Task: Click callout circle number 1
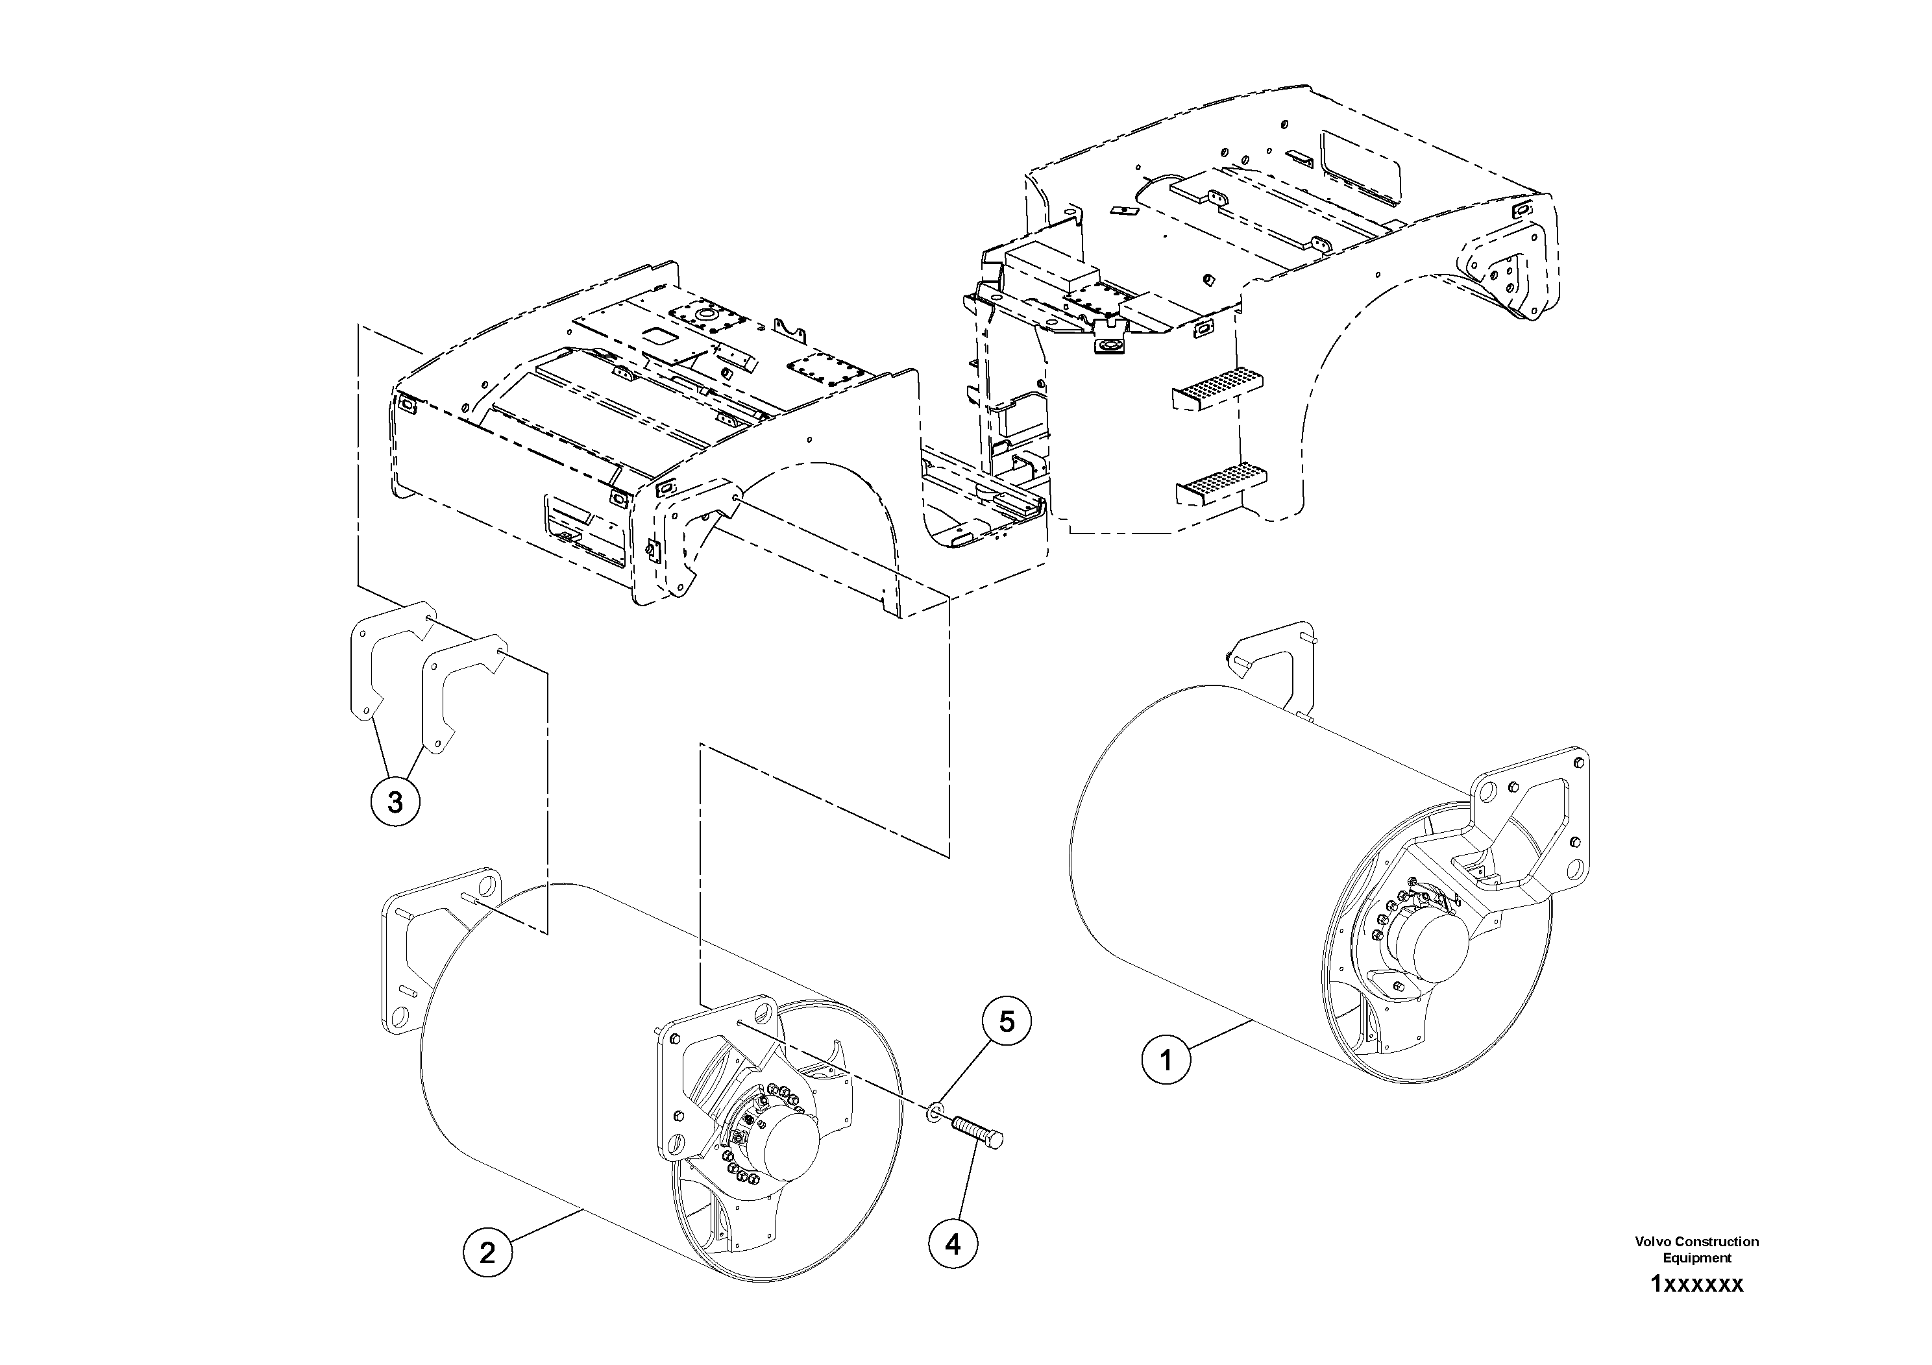pyautogui.click(x=1166, y=1061)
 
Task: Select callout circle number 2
pyautogui.click(x=487, y=1253)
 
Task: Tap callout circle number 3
pyautogui.click(x=395, y=802)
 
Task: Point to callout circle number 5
pyautogui.click(x=1007, y=1021)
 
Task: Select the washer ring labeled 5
pyautogui.click(x=934, y=1114)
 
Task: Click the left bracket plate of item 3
pyautogui.click(x=367, y=665)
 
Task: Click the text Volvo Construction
pyautogui.click(x=1696, y=1241)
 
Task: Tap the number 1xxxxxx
pyautogui.click(x=1696, y=1285)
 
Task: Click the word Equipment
pyautogui.click(x=1696, y=1257)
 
